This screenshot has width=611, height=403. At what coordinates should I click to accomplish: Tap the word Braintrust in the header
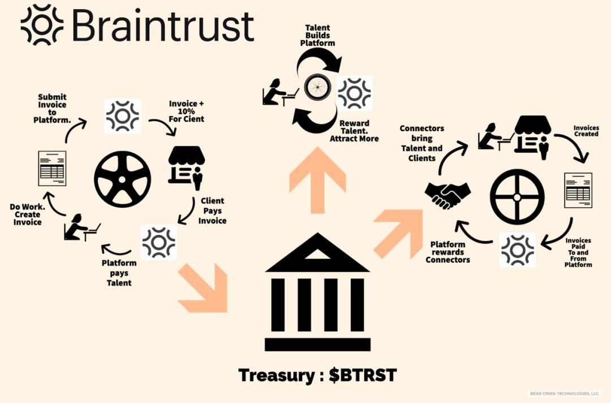pyautogui.click(x=163, y=25)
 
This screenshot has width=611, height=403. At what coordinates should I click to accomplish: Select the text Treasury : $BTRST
pyautogui.click(x=317, y=375)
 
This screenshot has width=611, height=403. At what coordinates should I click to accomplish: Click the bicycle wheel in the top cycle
pyautogui.click(x=317, y=88)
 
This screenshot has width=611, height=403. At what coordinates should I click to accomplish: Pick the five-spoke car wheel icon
pyautogui.click(x=122, y=178)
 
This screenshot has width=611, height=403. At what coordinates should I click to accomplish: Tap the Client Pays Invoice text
pyautogui.click(x=212, y=211)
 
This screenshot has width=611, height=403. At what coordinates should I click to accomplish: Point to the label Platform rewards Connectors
pyautogui.click(x=448, y=252)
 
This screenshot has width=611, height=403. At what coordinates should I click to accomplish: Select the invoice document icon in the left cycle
pyautogui.click(x=52, y=168)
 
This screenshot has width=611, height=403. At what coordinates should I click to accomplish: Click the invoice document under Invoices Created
pyautogui.click(x=578, y=190)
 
